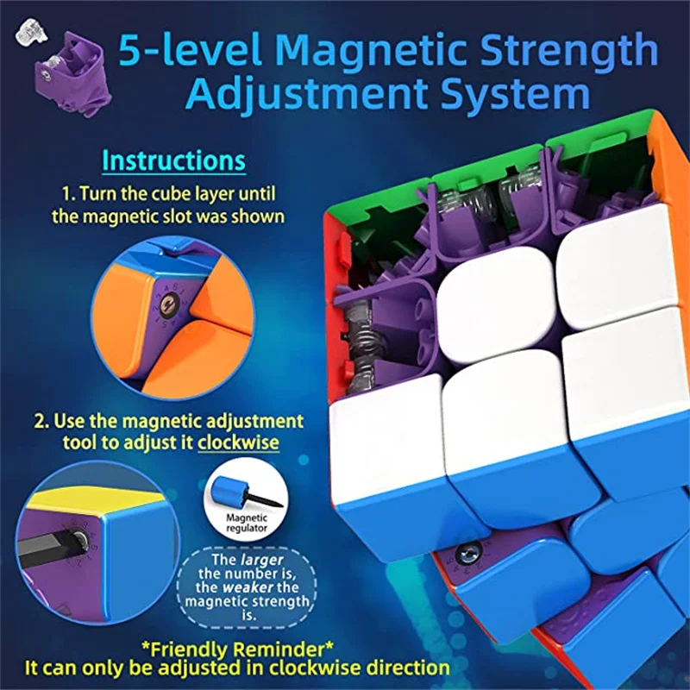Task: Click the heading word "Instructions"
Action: [x=173, y=160]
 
